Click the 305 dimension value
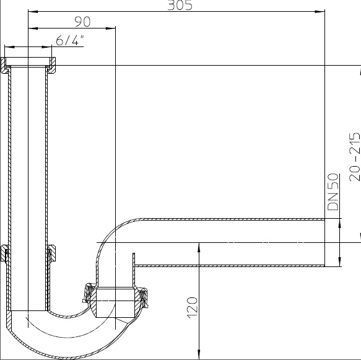(180, 5)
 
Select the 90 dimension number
(82, 22)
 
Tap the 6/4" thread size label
(70, 40)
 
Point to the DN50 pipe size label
(333, 192)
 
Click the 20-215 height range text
(355, 157)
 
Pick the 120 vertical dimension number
(193, 308)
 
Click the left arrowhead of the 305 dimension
(33, 11)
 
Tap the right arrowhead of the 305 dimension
(320, 11)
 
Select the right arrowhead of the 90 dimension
(110, 29)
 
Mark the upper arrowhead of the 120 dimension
(199, 248)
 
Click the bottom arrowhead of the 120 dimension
(199, 354)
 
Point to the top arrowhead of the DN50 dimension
(340, 224)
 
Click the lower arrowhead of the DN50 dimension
(340, 261)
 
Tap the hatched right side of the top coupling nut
(53, 66)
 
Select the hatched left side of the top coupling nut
(4, 66)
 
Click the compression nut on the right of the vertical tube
(51, 253)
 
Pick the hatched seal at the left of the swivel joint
(89, 292)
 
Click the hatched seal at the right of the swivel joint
(143, 297)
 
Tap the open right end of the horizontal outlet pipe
(324, 242)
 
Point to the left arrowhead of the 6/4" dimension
(9, 47)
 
